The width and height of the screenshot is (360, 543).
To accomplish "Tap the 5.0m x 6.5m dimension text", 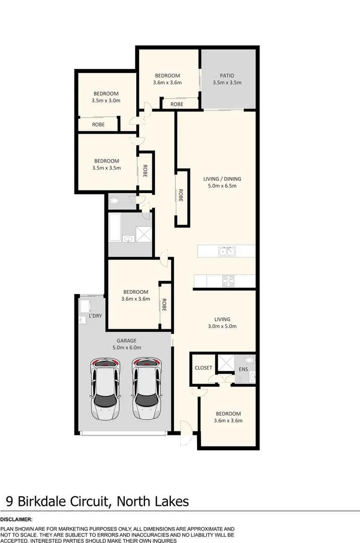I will (x=222, y=186).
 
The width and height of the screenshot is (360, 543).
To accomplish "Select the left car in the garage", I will (x=105, y=389).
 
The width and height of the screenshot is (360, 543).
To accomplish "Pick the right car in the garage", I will (x=147, y=389).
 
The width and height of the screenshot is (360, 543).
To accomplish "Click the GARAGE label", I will (x=127, y=340).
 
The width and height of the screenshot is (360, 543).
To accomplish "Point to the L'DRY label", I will (x=95, y=316).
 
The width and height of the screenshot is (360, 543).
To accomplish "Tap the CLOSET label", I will (x=203, y=368).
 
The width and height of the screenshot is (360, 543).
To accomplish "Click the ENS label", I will (x=243, y=370).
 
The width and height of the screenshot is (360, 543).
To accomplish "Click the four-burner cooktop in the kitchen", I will (x=228, y=281).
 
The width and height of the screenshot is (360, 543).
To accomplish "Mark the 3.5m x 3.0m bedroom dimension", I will (x=106, y=101).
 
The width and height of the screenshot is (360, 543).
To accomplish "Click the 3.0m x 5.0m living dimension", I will (x=222, y=326).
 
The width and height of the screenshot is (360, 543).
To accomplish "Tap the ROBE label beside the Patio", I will (x=176, y=104).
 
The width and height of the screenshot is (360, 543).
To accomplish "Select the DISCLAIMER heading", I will (x=17, y=519).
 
